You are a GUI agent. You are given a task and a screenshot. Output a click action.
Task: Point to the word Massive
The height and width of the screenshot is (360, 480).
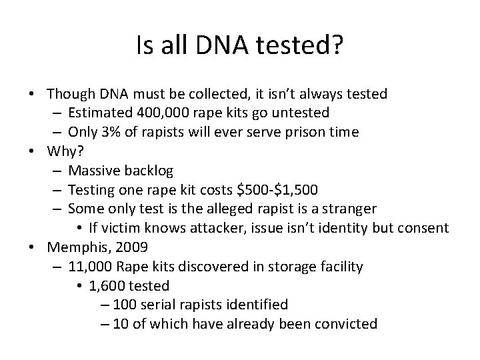coord(92,171)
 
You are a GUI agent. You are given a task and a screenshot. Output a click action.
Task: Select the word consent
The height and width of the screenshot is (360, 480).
coord(421,228)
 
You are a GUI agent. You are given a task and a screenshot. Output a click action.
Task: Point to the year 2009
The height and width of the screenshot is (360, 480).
coord(129,247)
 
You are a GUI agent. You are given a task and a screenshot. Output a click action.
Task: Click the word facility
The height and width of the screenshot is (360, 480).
coord(338,267)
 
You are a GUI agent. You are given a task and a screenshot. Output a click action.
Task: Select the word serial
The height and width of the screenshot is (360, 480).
coord(158,305)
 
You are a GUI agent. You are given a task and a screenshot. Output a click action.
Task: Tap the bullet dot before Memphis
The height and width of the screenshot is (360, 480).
coord(32,248)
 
